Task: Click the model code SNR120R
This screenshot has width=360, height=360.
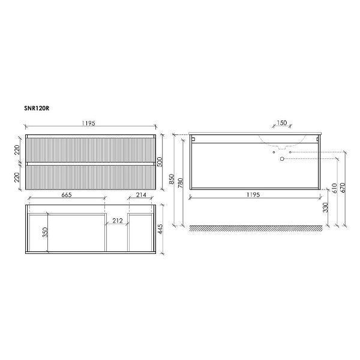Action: pyautogui.click(x=37, y=109)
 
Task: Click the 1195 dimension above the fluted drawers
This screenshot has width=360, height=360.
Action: pyautogui.click(x=88, y=123)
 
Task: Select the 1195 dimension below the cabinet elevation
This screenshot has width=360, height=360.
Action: pyautogui.click(x=253, y=194)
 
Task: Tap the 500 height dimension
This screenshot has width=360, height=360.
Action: pyautogui.click(x=160, y=161)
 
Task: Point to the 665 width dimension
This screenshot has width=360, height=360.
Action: pyautogui.click(x=67, y=195)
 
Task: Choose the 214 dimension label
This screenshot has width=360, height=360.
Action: pyautogui.click(x=141, y=195)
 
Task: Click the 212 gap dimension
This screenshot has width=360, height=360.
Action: pyautogui.click(x=118, y=221)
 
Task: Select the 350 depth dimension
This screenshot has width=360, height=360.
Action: pyautogui.click(x=45, y=232)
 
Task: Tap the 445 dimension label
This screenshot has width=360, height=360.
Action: pyautogui.click(x=160, y=229)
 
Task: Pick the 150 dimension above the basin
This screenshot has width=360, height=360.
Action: pyautogui.click(x=282, y=123)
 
